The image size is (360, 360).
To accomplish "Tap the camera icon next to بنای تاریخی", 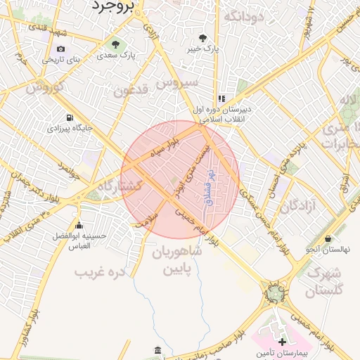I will [x=60, y=49].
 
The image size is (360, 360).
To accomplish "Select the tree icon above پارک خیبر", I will [x=202, y=38].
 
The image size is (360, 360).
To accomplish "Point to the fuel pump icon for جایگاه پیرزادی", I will [x=69, y=118].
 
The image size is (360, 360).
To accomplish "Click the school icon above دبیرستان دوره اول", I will [x=221, y=99].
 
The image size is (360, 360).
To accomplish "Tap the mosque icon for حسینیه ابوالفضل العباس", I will [x=79, y=226].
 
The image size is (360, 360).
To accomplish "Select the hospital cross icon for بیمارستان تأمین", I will [x=282, y=341].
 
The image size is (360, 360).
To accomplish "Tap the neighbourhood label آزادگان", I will [x=301, y=207].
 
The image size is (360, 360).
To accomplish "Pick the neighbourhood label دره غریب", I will [x=99, y=271].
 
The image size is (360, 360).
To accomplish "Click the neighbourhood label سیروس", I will [x=177, y=83].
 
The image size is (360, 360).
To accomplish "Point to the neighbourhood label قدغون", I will [x=131, y=91].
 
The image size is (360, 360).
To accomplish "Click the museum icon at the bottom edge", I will [x=157, y=351].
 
